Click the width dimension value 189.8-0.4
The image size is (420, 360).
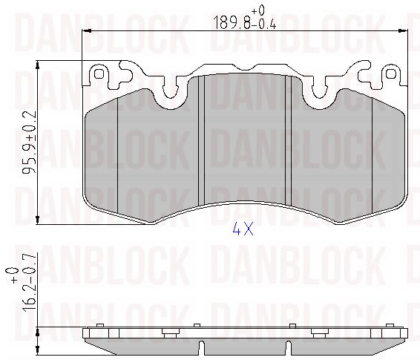(245, 23)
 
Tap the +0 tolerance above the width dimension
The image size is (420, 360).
(258, 10)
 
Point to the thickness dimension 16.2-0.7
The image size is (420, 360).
(29, 282)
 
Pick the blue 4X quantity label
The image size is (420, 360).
(243, 229)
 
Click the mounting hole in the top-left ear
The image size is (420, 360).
(99, 74)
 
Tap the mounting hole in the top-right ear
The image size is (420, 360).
(390, 73)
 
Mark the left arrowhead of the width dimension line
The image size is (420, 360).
(86, 31)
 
